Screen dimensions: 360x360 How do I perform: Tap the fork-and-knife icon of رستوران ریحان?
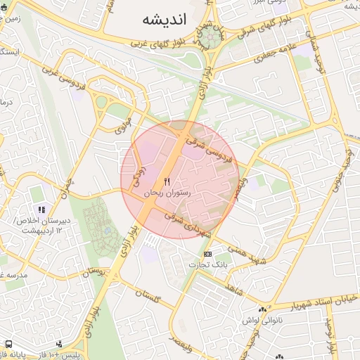tap(167, 182)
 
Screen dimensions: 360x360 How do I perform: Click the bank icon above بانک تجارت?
tap(207, 254)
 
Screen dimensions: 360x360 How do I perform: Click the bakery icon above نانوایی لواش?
tap(262, 309)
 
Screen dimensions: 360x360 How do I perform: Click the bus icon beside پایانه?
tap(9, 345)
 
